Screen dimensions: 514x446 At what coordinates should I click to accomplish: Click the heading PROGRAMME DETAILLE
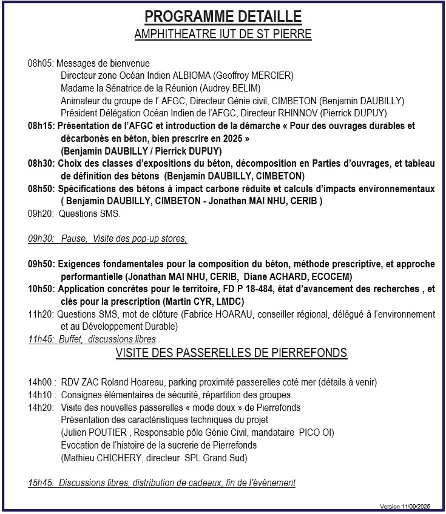(x=223, y=16)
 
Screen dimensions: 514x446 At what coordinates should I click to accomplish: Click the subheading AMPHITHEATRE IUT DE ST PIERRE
(x=223, y=34)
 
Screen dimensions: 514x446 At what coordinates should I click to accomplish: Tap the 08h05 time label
(x=41, y=64)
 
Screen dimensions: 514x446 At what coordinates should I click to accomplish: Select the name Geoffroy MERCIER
(x=255, y=76)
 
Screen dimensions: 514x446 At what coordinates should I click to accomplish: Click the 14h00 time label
(x=41, y=382)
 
